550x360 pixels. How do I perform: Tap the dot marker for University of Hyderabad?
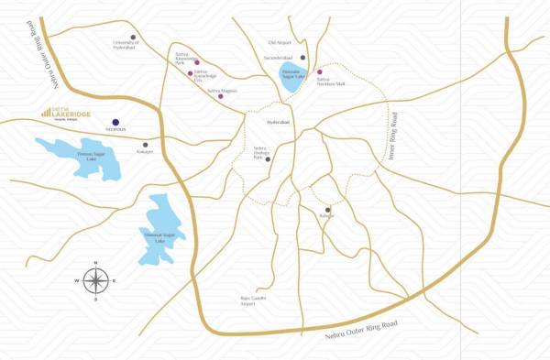click(x=133, y=38)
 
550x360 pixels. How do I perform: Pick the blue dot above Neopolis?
click(x=115, y=122)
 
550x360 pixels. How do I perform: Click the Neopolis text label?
click(x=115, y=130)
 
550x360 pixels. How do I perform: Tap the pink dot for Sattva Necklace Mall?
click(x=320, y=71)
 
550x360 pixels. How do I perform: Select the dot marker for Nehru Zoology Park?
click(x=268, y=158)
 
